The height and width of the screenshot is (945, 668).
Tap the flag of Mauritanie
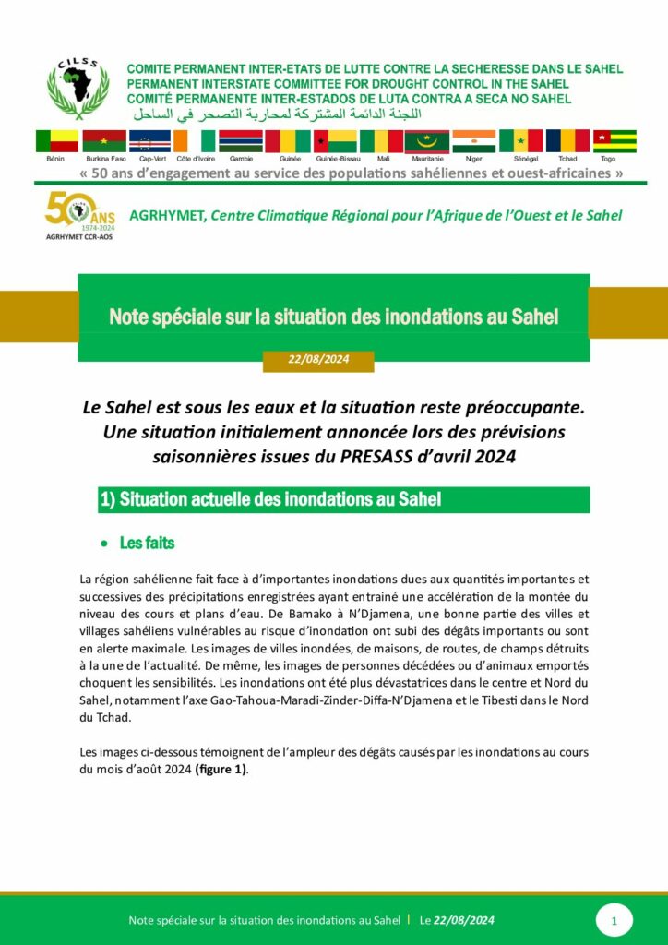click(426, 141)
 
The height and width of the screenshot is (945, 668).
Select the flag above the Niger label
click(473, 141)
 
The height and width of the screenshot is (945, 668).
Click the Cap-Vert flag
click(149, 141)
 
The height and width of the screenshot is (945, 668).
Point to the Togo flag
click(614, 141)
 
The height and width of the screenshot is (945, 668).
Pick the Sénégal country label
click(520, 160)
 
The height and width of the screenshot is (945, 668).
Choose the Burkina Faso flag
click(104, 141)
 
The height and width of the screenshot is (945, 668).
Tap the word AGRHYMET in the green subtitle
click(167, 216)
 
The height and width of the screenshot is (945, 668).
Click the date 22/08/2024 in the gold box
click(318, 360)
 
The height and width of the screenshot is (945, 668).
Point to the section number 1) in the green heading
click(107, 500)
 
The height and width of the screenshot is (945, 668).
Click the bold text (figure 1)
click(221, 769)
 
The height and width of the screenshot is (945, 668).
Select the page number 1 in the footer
click(614, 920)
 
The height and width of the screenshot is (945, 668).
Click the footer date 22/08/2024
click(464, 920)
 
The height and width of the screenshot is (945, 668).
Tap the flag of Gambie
click(240, 141)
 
